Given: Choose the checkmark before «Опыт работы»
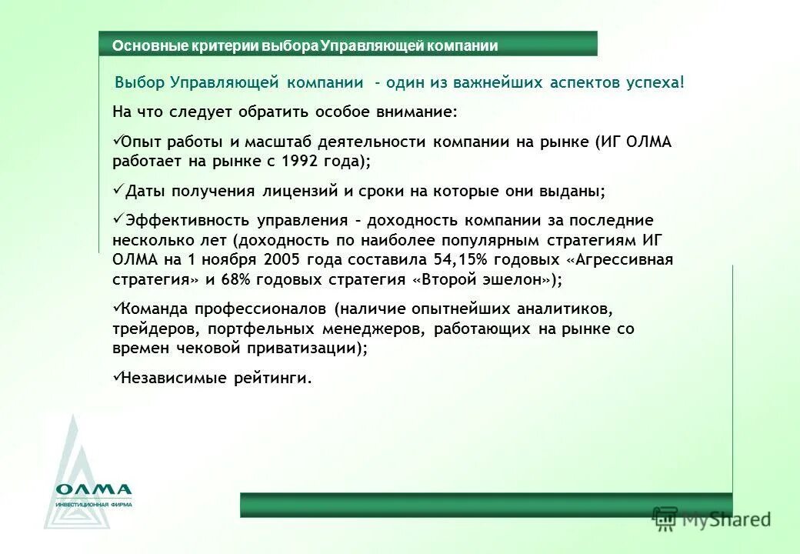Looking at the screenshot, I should pyautogui.click(x=117, y=141).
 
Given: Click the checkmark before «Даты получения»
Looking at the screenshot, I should pyautogui.click(x=117, y=189).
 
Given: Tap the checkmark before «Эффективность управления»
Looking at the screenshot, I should pyautogui.click(x=117, y=219).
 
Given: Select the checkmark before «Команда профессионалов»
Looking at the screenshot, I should pyautogui.click(x=117, y=308).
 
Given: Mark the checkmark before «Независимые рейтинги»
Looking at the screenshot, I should pyautogui.click(x=117, y=377).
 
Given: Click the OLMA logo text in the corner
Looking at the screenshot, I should pyautogui.click(x=93, y=489).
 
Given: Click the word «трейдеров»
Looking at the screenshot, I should pyautogui.click(x=152, y=329).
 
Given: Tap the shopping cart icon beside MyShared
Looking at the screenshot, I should pyautogui.click(x=665, y=519).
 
